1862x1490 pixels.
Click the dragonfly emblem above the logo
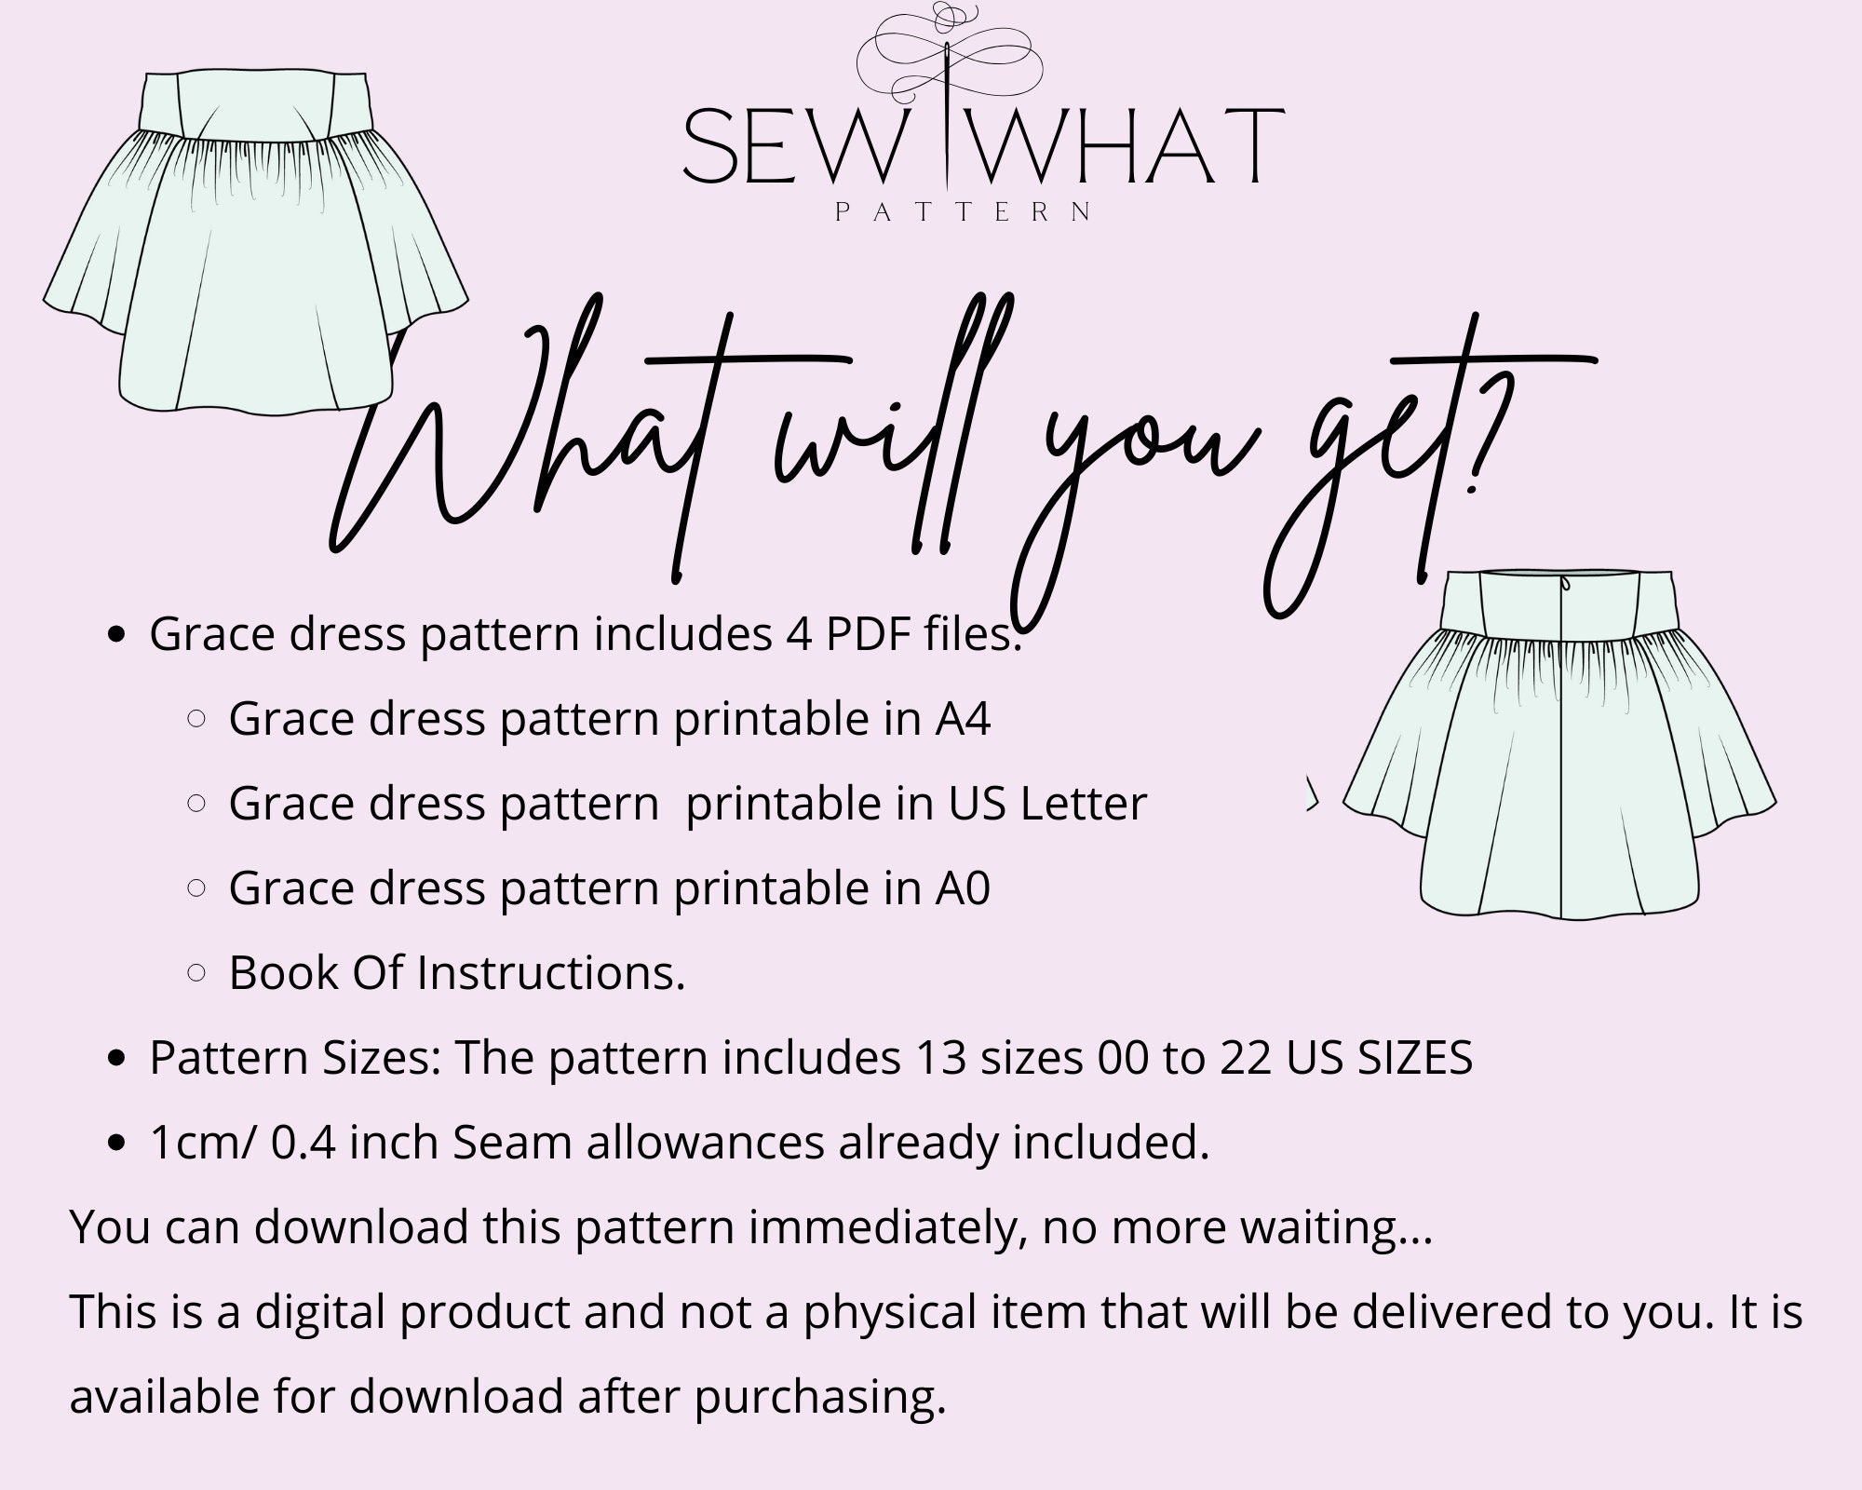click(949, 51)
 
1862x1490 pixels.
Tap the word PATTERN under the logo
click(964, 212)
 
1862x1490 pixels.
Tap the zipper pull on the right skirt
click(1565, 584)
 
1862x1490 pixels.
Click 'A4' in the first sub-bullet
click(963, 719)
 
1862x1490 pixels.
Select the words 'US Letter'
click(1047, 804)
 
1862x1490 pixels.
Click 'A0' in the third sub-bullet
click(963, 888)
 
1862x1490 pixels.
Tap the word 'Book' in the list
click(283, 973)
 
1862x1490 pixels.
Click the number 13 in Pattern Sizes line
click(939, 1058)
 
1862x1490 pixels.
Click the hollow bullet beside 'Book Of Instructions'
click(196, 973)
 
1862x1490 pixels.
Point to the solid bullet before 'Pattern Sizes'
click(117, 1059)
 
